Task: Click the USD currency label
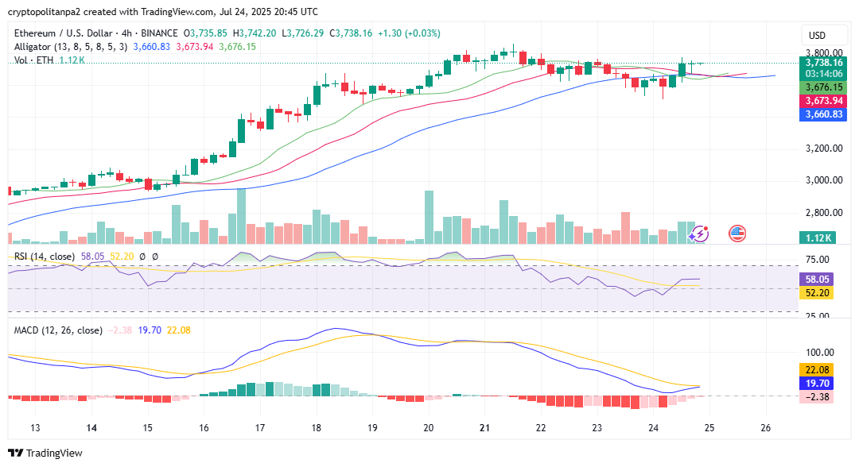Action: tap(817, 36)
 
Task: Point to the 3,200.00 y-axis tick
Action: tap(823, 149)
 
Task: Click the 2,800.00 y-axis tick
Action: tap(823, 213)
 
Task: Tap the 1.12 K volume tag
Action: tap(818, 237)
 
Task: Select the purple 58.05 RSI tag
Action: tap(818, 280)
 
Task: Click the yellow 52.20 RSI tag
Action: tap(818, 293)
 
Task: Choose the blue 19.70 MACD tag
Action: tap(818, 383)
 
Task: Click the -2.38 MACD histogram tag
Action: tap(818, 396)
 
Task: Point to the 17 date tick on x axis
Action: tap(260, 427)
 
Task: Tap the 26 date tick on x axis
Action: tap(766, 427)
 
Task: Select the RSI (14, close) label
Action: tap(45, 257)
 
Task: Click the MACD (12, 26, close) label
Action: tap(58, 330)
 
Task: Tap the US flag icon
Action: tap(737, 234)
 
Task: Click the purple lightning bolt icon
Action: tap(698, 234)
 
